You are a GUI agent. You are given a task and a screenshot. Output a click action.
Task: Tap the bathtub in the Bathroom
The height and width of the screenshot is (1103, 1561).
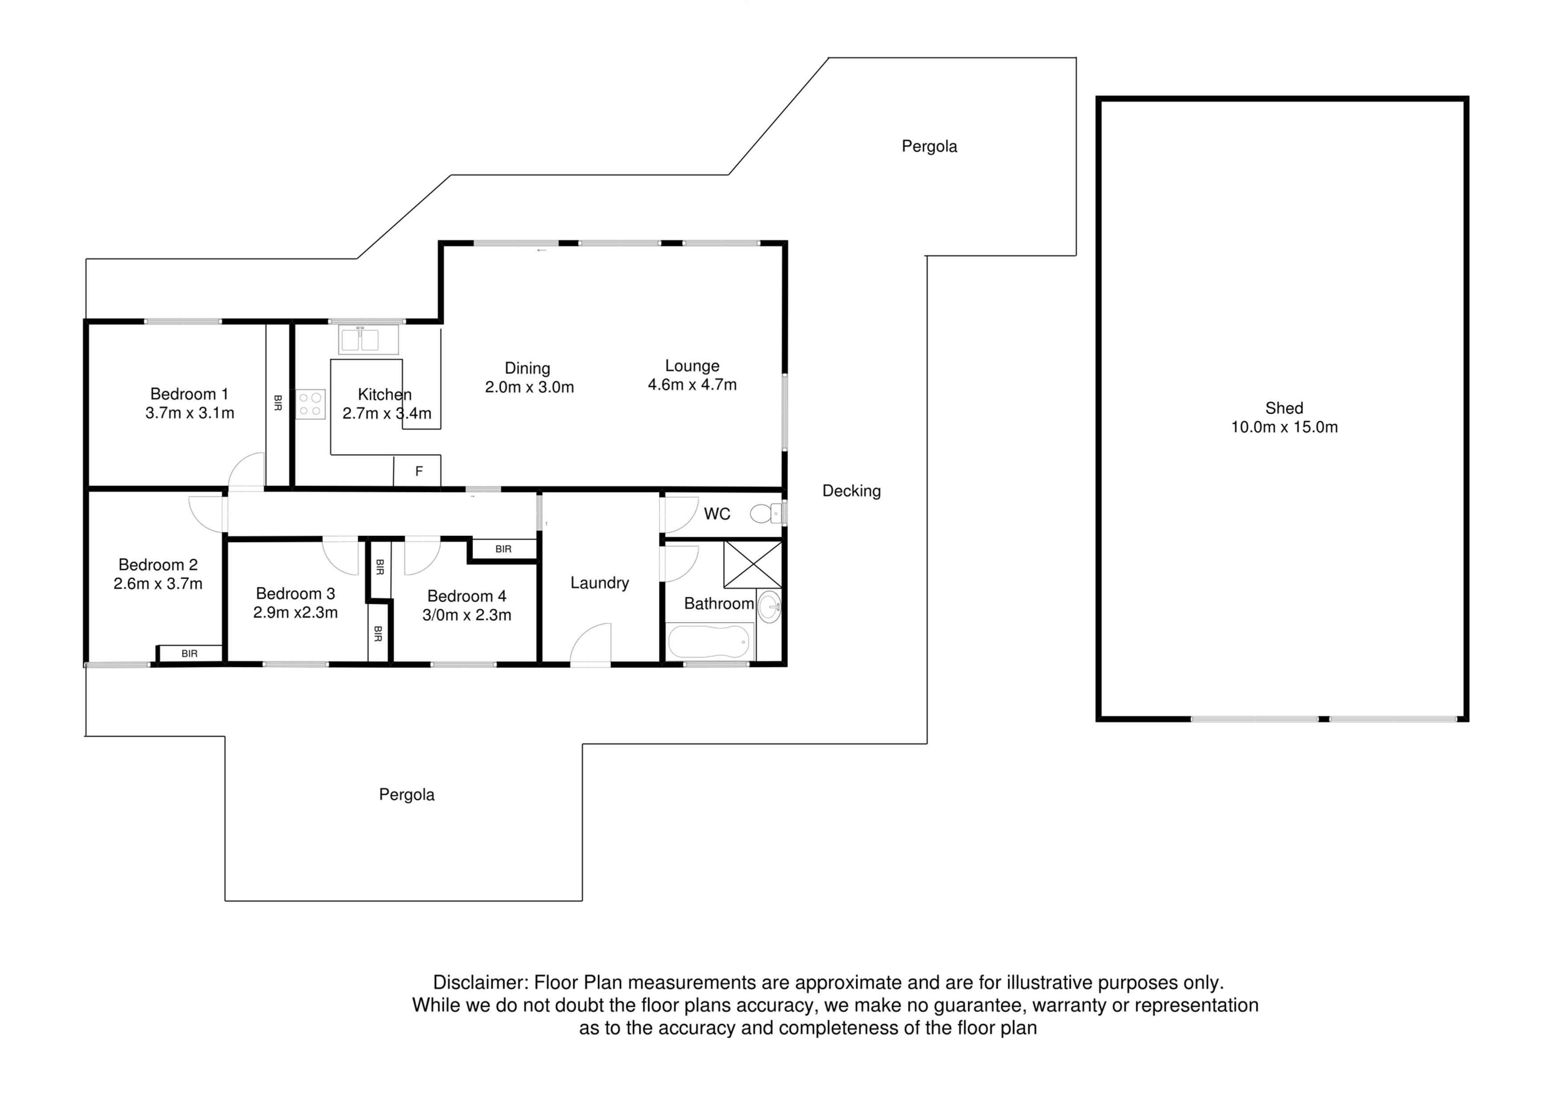(x=709, y=641)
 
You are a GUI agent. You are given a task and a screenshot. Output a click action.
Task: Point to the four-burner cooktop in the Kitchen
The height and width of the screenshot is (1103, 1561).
(x=310, y=404)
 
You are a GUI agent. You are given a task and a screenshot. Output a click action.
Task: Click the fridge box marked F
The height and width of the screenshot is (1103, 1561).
(x=419, y=471)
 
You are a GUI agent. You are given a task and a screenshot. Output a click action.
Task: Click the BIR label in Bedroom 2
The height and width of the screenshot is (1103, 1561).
(x=190, y=654)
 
